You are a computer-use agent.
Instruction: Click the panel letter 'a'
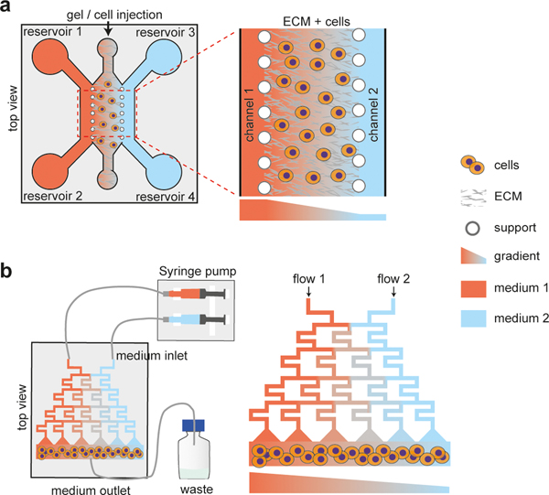[8, 9]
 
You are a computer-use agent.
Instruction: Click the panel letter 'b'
[8, 272]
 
